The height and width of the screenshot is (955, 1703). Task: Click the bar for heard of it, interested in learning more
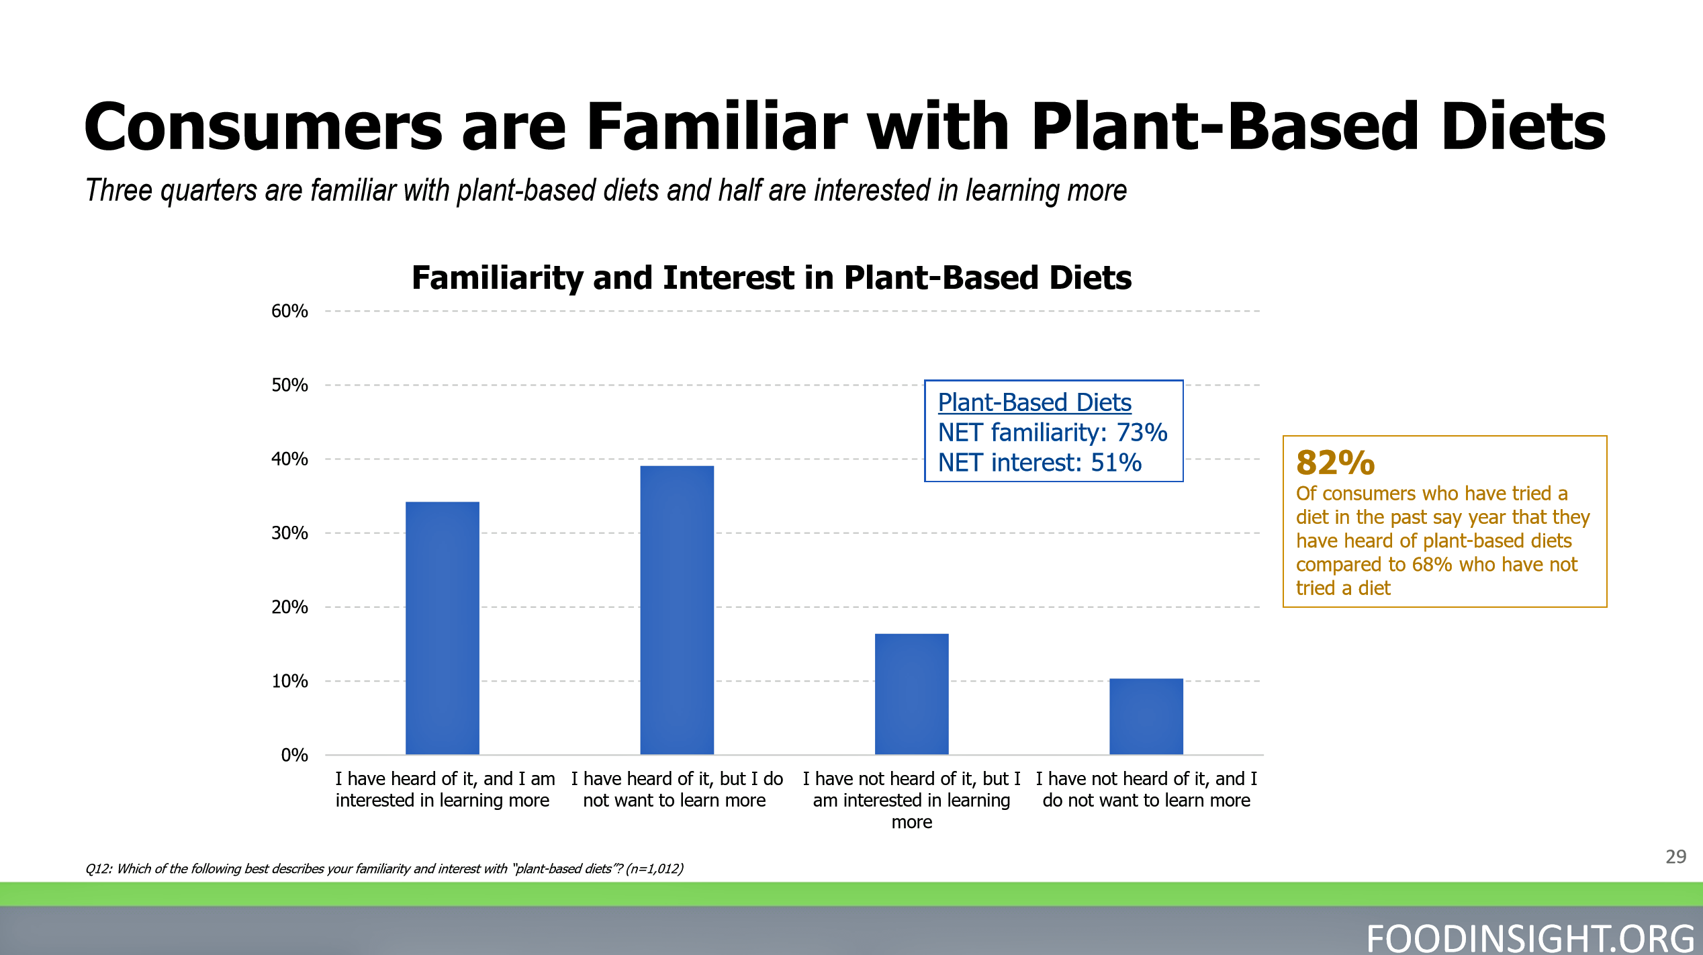443,628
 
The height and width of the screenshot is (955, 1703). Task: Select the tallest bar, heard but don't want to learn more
677,610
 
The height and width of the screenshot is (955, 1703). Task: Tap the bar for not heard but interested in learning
911,694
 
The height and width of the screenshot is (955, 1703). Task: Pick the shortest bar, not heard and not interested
1146,716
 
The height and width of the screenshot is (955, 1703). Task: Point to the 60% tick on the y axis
289,311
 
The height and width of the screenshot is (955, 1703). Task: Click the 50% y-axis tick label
289,385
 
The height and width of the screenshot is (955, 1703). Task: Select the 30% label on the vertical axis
289,533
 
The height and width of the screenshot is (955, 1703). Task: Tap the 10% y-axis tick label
289,681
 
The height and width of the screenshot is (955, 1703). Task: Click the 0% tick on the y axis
294,755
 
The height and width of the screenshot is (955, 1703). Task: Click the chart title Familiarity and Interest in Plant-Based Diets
772,277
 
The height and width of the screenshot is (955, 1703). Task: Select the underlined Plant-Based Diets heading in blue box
1034,403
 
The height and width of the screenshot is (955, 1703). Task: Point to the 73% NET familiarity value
1142,433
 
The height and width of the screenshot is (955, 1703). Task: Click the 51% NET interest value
1116,463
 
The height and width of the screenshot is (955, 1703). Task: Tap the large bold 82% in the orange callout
1335,463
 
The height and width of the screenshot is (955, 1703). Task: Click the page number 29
1676,856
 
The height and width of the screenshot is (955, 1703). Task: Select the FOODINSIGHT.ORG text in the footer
1530,938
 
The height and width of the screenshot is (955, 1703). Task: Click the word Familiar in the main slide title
717,126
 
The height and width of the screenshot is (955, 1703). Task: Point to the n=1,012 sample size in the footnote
654,868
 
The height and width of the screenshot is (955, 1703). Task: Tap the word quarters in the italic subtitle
208,191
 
